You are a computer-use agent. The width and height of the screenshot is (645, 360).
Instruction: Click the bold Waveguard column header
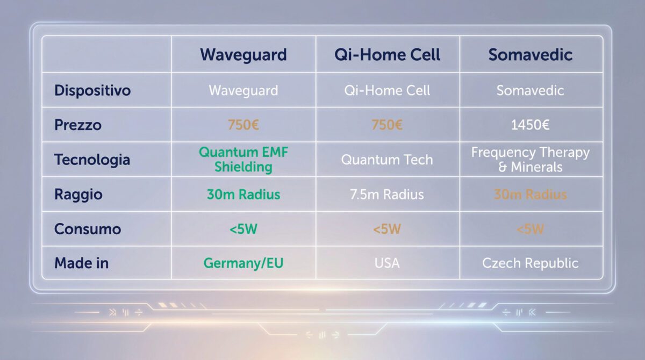[x=243, y=55]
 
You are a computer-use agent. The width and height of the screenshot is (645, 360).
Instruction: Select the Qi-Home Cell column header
[x=387, y=55]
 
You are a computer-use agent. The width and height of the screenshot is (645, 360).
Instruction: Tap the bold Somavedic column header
[x=530, y=55]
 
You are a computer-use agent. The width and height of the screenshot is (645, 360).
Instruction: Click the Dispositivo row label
[x=92, y=90]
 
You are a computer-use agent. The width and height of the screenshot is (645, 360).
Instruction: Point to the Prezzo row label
[x=78, y=125]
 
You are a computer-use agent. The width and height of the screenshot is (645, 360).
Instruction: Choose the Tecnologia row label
[x=92, y=160]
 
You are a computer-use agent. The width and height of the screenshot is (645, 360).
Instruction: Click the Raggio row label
[x=78, y=195]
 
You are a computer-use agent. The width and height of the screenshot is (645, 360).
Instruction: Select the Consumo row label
[x=88, y=229]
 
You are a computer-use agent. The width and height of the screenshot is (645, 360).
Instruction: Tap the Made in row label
[x=82, y=263]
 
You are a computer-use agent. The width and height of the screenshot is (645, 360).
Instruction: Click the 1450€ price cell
[x=530, y=125]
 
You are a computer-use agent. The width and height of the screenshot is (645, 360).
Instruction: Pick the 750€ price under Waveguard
[x=243, y=125]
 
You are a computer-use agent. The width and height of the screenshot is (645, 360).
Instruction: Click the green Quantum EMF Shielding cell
[x=243, y=160]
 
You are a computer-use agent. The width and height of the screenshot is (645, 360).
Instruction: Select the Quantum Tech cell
[x=387, y=160]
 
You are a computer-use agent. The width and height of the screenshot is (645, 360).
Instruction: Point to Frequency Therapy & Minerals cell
[x=530, y=160]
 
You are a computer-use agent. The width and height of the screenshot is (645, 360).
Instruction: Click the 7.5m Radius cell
[x=387, y=195]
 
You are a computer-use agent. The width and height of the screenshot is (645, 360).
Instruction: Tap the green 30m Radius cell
[x=243, y=195]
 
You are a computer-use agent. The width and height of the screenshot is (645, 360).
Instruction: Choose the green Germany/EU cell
[x=243, y=263]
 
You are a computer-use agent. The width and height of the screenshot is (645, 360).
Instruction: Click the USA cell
[x=387, y=263]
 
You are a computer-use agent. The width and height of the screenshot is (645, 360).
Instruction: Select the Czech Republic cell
[x=530, y=263]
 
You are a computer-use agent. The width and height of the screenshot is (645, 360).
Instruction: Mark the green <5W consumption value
[x=243, y=229]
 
